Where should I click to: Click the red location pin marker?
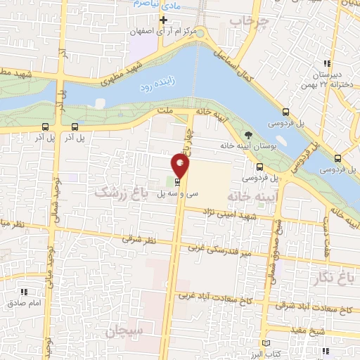[x=180, y=165]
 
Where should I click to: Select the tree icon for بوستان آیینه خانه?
[x=247, y=134]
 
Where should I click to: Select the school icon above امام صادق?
[x=22, y=291]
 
